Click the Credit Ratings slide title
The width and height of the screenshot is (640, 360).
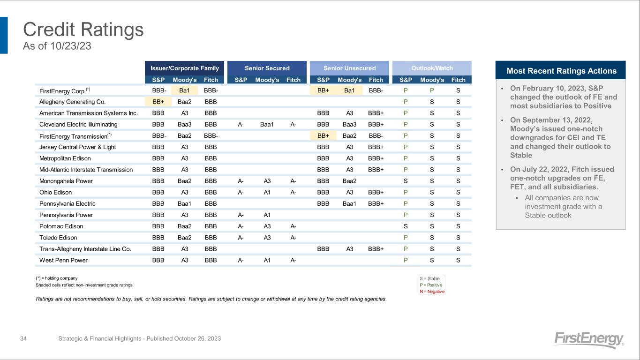(x=83, y=30)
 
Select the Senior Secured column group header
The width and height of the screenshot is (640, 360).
(x=267, y=68)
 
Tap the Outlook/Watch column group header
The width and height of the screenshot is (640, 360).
(x=432, y=68)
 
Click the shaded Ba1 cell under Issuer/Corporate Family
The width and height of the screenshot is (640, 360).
(x=184, y=90)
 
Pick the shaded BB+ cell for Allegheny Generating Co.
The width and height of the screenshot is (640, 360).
(x=158, y=102)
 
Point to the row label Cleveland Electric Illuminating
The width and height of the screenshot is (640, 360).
(x=78, y=125)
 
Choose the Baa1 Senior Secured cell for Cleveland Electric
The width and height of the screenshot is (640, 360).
(x=267, y=125)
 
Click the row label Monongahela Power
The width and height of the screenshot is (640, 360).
(x=66, y=181)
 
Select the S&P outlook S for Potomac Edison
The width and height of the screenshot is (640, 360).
(x=406, y=226)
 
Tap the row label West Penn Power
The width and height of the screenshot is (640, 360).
(x=63, y=260)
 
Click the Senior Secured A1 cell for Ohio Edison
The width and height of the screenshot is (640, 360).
(x=267, y=192)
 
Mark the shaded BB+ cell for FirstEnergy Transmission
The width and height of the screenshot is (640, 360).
(x=323, y=136)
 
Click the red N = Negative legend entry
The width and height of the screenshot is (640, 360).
(x=432, y=292)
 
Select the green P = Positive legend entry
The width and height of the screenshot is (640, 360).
(x=431, y=285)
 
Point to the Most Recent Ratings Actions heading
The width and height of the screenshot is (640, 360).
(x=561, y=71)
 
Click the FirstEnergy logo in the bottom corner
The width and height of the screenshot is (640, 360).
(x=589, y=339)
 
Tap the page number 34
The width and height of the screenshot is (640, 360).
(x=23, y=338)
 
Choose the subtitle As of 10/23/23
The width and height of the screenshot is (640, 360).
(x=57, y=46)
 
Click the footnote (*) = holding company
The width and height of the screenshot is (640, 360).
(x=57, y=278)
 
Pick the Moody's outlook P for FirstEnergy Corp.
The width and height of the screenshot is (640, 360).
(x=432, y=90)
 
